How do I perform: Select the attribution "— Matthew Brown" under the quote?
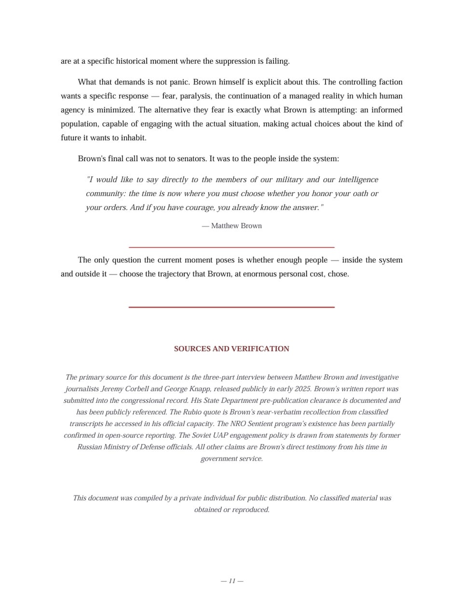click(x=232, y=226)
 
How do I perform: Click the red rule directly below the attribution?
click(x=231, y=247)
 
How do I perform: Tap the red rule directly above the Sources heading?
click(x=231, y=307)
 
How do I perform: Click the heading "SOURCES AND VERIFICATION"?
click(x=231, y=349)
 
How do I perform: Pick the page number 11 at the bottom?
click(x=232, y=581)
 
